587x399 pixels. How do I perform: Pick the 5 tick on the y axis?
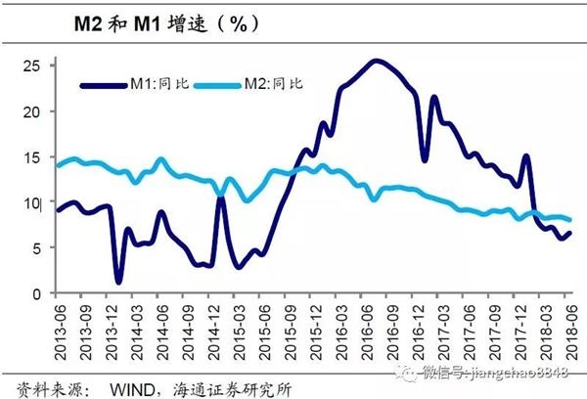(35, 248)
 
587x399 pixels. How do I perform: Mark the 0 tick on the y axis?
(35, 293)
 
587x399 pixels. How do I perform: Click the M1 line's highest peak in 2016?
(377, 61)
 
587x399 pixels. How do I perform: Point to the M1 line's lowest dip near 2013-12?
(118, 283)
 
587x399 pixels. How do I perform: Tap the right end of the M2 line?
(570, 220)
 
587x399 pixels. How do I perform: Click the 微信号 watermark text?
(489, 372)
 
